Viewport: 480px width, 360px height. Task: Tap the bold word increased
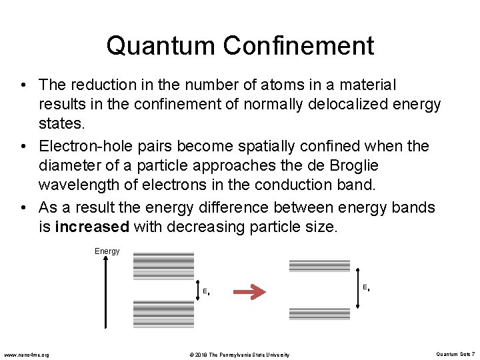click(x=92, y=227)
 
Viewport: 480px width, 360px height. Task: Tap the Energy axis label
click(x=107, y=251)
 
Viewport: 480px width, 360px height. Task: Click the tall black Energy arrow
click(x=105, y=293)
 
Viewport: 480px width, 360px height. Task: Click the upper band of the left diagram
click(x=163, y=265)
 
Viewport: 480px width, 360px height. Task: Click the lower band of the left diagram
click(x=163, y=313)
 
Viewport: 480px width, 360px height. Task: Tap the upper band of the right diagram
click(x=319, y=265)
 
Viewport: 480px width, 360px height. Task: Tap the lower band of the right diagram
click(x=319, y=313)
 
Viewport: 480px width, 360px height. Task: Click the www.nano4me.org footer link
click(x=27, y=354)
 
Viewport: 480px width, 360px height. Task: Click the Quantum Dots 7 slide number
click(x=455, y=354)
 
